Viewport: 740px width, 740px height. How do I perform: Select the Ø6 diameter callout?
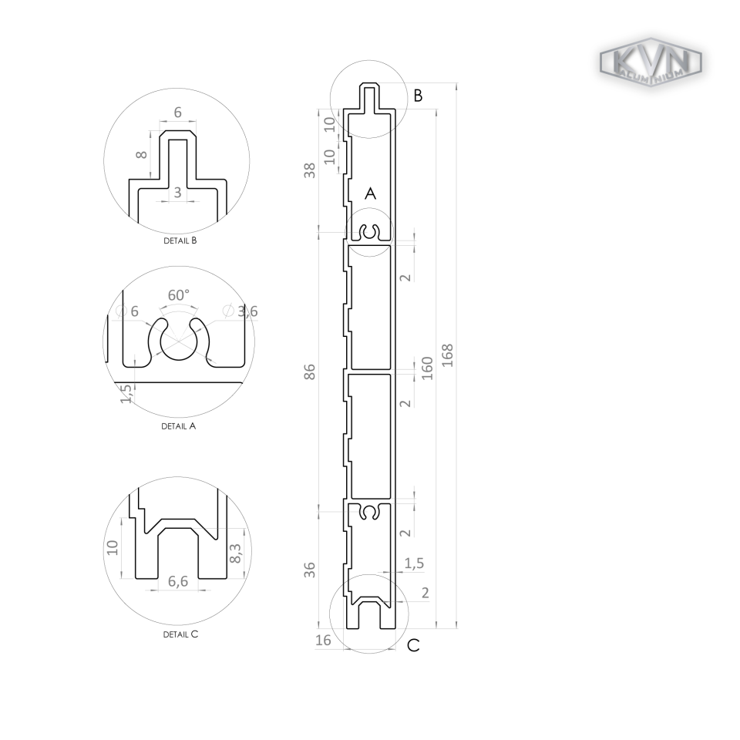(127, 311)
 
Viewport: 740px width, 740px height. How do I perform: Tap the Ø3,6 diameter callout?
(240, 311)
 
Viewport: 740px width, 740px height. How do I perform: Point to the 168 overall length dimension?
(448, 355)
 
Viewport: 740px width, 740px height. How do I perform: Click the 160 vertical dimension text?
(427, 368)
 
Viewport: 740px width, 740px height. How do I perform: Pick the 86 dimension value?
(310, 372)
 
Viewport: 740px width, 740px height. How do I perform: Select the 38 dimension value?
(310, 170)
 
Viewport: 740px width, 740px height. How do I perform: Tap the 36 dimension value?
(310, 570)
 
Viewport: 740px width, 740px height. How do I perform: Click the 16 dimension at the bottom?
(324, 641)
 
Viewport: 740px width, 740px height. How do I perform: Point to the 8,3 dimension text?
(235, 553)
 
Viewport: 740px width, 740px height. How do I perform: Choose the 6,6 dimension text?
(178, 581)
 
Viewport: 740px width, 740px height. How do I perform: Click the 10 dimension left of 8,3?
(113, 547)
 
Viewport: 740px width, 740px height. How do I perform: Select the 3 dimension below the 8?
(178, 193)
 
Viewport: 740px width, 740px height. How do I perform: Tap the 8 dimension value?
(142, 154)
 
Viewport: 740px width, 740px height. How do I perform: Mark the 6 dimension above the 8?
(178, 113)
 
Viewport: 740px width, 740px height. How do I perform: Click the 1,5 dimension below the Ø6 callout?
(126, 394)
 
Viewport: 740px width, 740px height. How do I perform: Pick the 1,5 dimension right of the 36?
(414, 563)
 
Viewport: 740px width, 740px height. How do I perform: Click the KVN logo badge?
(651, 62)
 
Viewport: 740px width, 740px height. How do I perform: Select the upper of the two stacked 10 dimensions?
(330, 123)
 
